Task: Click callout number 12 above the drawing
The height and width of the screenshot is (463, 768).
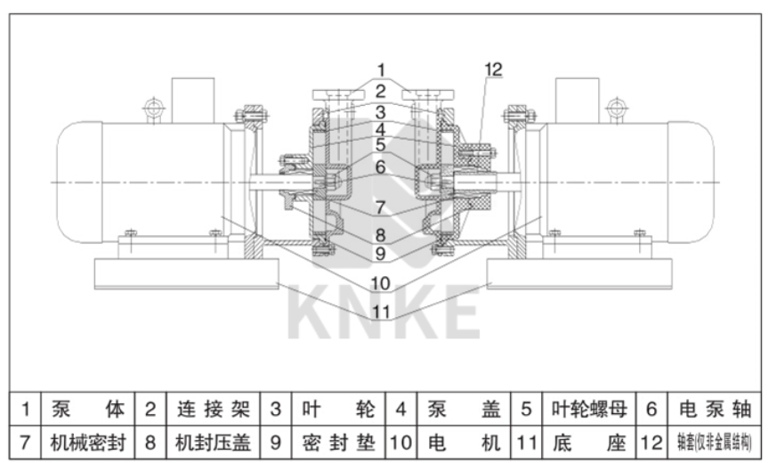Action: pos(494,69)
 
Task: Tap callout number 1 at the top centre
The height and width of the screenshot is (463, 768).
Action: pos(380,69)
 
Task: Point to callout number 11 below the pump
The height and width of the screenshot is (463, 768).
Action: pos(380,312)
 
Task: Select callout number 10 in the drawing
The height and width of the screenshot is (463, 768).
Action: pos(380,283)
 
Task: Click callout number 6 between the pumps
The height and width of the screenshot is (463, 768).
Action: pos(380,166)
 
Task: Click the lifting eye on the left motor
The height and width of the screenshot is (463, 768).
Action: pos(153,110)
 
